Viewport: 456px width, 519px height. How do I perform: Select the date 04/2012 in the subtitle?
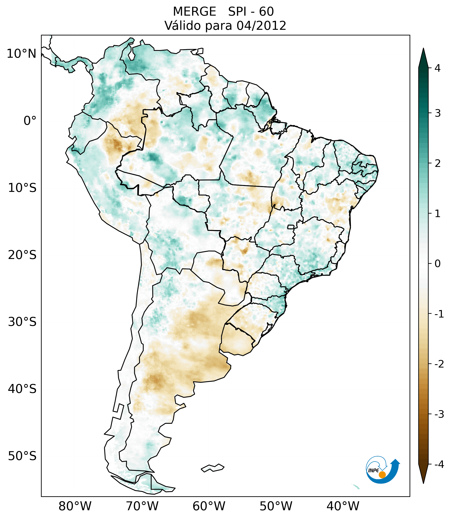261,26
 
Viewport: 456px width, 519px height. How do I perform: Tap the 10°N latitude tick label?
22,54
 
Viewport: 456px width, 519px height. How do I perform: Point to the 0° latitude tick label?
30,121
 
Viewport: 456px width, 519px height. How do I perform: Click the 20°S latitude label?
22,255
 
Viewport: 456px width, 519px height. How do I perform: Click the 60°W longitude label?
209,506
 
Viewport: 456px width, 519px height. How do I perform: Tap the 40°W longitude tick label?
343,506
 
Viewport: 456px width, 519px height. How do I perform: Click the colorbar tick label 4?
437,68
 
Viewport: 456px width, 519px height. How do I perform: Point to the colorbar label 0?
437,264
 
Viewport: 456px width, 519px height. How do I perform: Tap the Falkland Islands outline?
212,468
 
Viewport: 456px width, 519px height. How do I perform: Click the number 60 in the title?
266,12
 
